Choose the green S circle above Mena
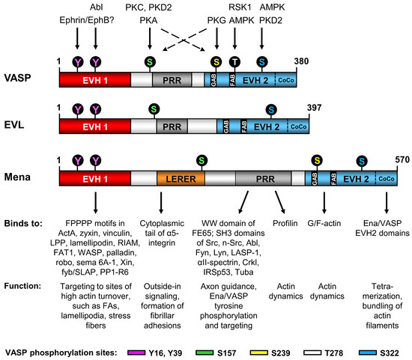pos(201,160)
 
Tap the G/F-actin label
pos(324,222)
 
